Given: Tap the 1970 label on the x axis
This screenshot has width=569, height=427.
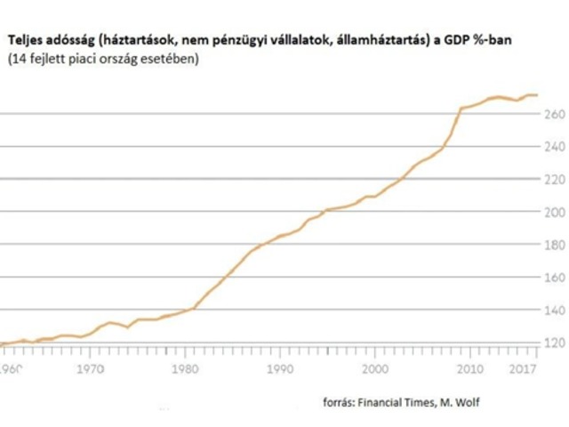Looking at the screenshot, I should [87, 367].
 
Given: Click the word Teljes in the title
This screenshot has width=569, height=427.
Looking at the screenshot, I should [26, 41].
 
